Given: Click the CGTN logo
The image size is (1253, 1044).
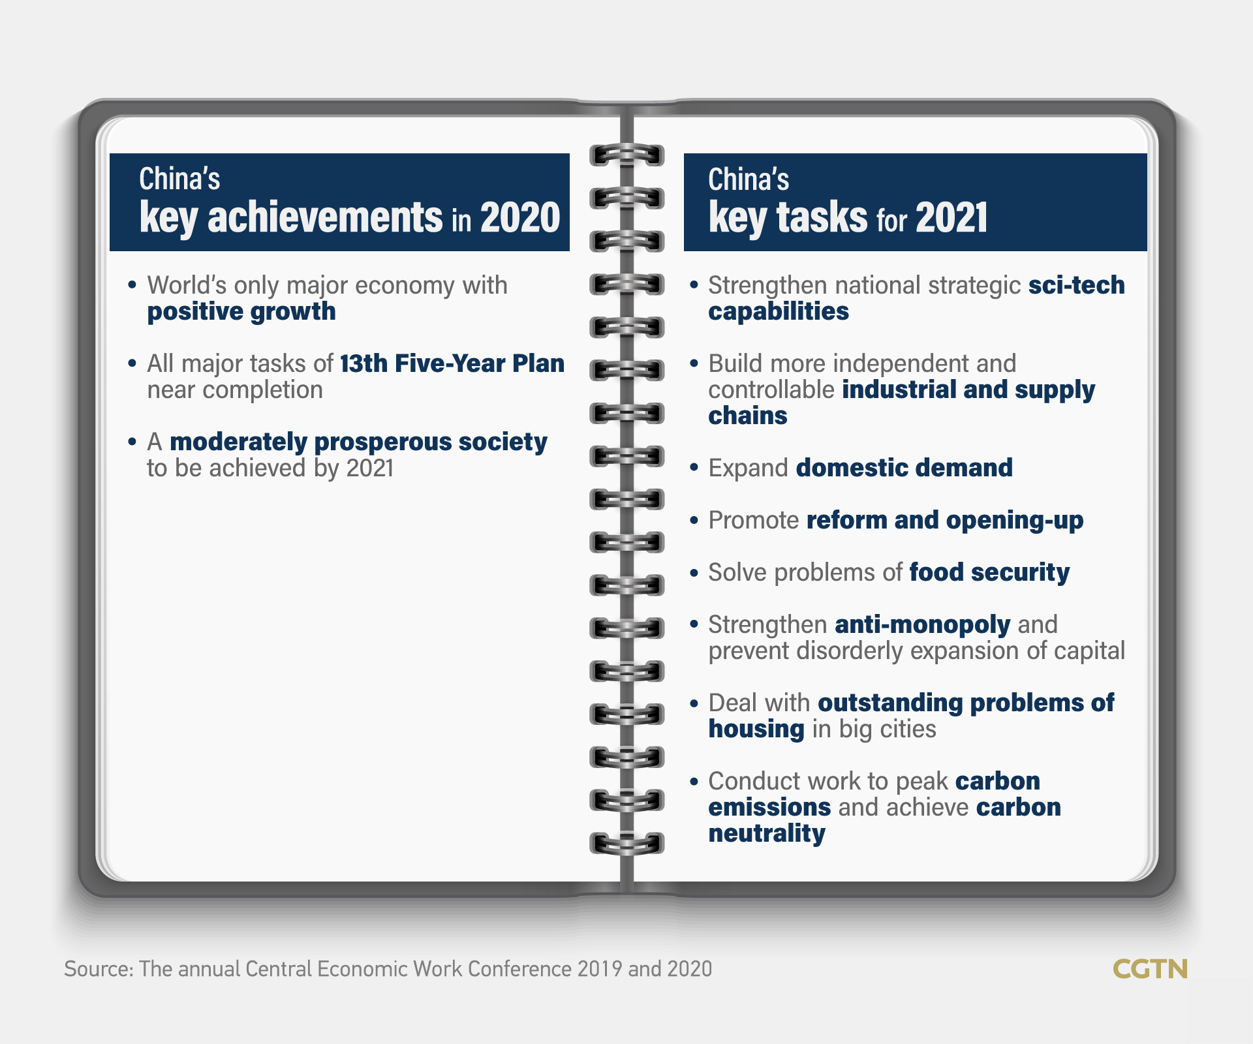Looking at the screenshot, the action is pos(1150,969).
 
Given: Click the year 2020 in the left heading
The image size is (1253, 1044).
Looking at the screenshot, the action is pos(520,217).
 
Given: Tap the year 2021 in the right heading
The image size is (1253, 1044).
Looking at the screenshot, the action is pos(951,217).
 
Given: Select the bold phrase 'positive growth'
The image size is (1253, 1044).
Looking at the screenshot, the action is pos(241,312).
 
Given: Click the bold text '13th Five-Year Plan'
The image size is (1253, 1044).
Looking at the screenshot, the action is pos(452,363).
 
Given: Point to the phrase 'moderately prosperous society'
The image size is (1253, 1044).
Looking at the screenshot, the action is pos(358,442).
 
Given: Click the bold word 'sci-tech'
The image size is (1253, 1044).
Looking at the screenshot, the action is pos(1077,285).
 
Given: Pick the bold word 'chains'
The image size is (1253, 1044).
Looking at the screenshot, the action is pos(748,416).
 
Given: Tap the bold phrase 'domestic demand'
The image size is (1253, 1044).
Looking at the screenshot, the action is pos(905,468).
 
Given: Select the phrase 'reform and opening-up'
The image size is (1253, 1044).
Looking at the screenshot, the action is pos(945,521).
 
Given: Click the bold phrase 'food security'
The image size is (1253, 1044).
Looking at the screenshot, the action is pos(989,573).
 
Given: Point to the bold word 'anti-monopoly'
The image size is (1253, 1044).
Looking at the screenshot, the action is pos(923,625).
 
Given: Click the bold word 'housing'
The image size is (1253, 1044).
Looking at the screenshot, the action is pos(756,729).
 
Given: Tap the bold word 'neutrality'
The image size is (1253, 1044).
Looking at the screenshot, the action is pos(767,834).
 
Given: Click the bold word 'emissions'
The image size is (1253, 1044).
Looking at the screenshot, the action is pos(769,807).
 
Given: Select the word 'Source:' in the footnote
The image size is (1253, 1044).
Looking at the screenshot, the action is pos(99,969).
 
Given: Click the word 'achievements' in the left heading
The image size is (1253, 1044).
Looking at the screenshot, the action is pos(325,217).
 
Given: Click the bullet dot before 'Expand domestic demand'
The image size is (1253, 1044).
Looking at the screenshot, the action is pos(694,468).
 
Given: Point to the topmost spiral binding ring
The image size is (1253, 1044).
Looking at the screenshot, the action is pos(626,155).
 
